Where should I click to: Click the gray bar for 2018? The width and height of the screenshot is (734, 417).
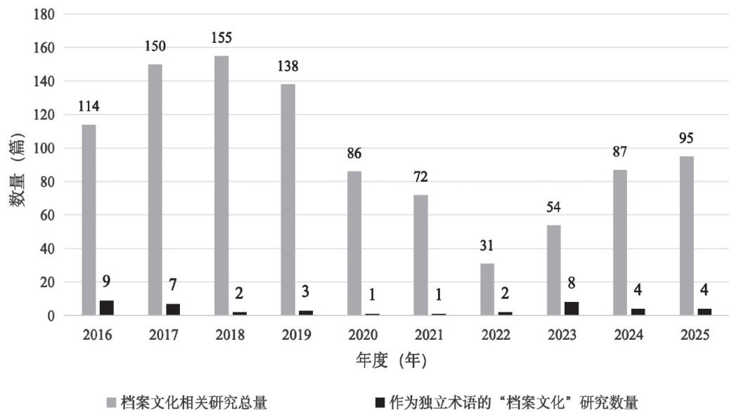tap(221, 186)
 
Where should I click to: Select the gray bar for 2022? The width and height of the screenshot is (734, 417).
tap(487, 289)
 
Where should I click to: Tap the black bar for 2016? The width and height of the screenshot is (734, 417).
tap(107, 308)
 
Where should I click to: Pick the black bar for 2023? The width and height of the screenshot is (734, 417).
tap(572, 309)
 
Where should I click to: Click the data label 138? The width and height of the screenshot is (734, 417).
tap(288, 67)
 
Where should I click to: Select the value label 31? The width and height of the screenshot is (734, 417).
tap(487, 246)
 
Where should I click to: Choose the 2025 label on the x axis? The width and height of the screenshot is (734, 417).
tap(693, 335)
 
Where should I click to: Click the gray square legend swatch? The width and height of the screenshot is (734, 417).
tap(111, 403)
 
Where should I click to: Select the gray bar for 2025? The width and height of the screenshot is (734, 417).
tap(687, 236)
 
